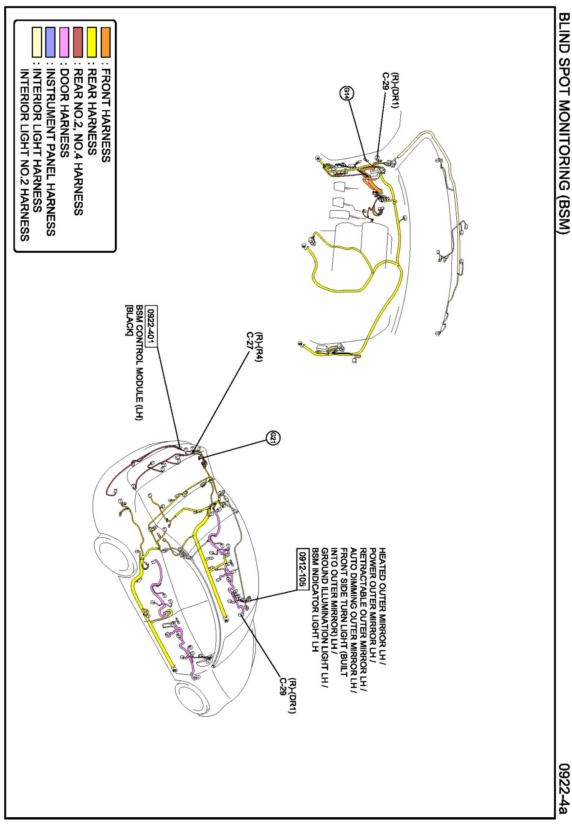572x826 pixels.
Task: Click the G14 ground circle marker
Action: pos(347,93)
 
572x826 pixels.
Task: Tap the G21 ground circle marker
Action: pos(273,438)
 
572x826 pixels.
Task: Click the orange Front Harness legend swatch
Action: pos(106,42)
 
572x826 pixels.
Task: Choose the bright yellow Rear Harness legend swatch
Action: pos(92,42)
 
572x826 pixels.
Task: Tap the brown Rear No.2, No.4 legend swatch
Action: pos(78,42)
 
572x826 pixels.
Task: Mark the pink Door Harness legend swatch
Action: pos(64,42)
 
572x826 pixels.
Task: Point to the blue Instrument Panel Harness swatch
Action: pos(51,42)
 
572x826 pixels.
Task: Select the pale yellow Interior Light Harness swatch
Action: pos(37,42)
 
